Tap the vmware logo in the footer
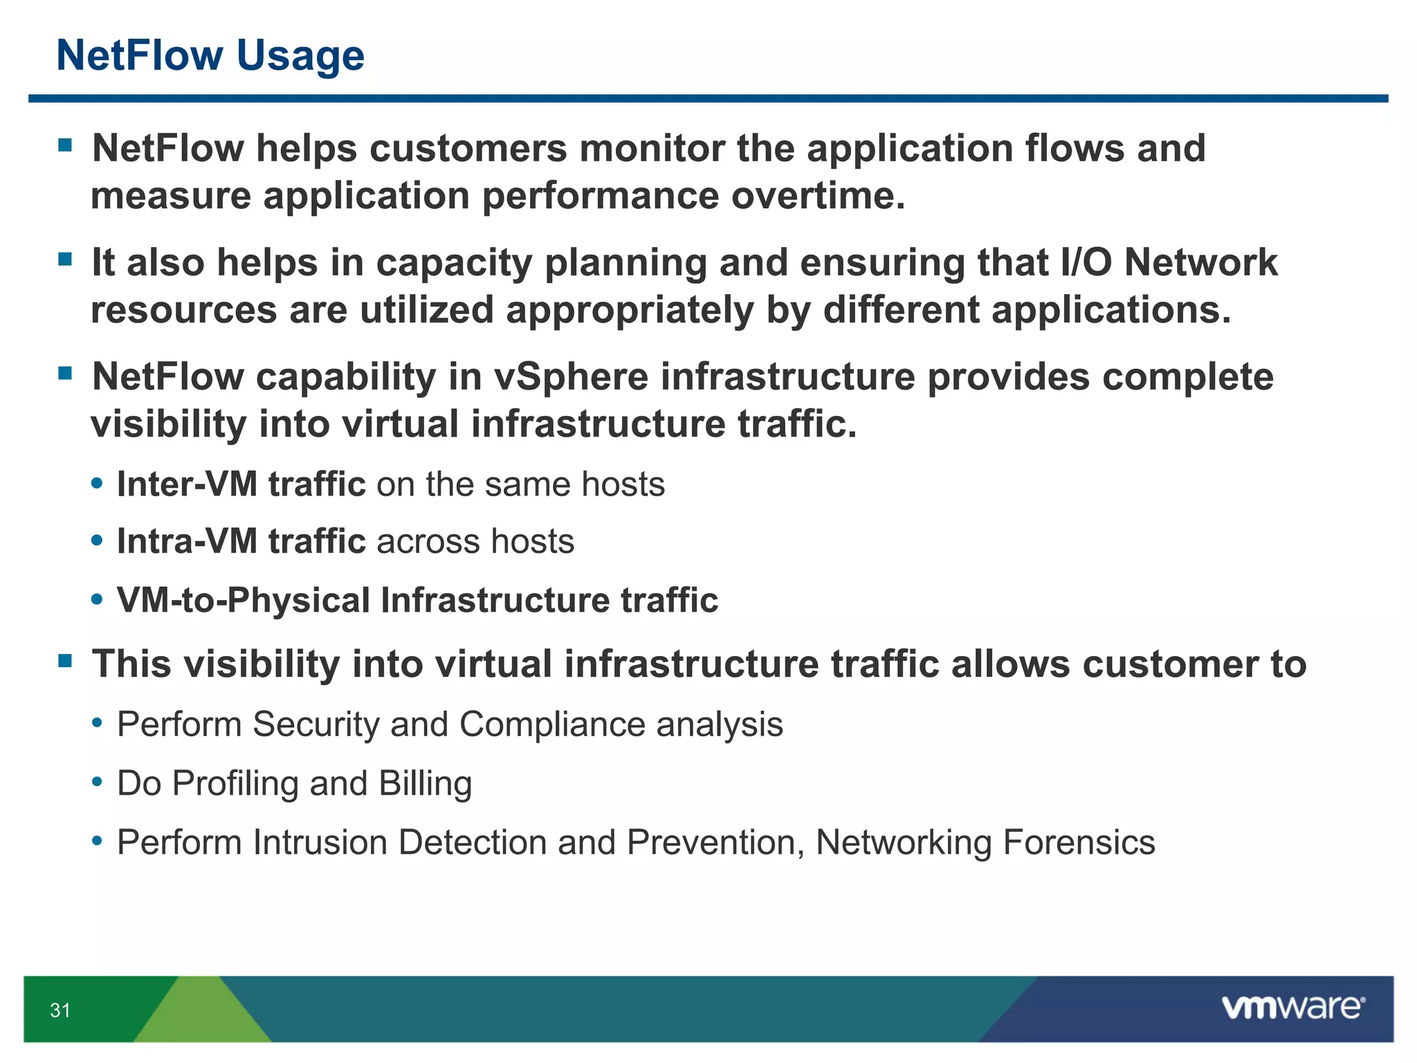pyautogui.click(x=1292, y=1008)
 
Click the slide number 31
pyautogui.click(x=60, y=1010)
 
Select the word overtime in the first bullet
pyautogui.click(x=818, y=196)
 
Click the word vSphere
pyautogui.click(x=571, y=377)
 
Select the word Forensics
pyautogui.click(x=1079, y=843)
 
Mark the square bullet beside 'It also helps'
pyautogui.click(x=66, y=260)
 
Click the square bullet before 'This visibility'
pyautogui.click(x=66, y=661)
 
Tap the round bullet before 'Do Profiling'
pyautogui.click(x=98, y=783)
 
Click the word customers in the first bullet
pyautogui.click(x=468, y=149)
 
